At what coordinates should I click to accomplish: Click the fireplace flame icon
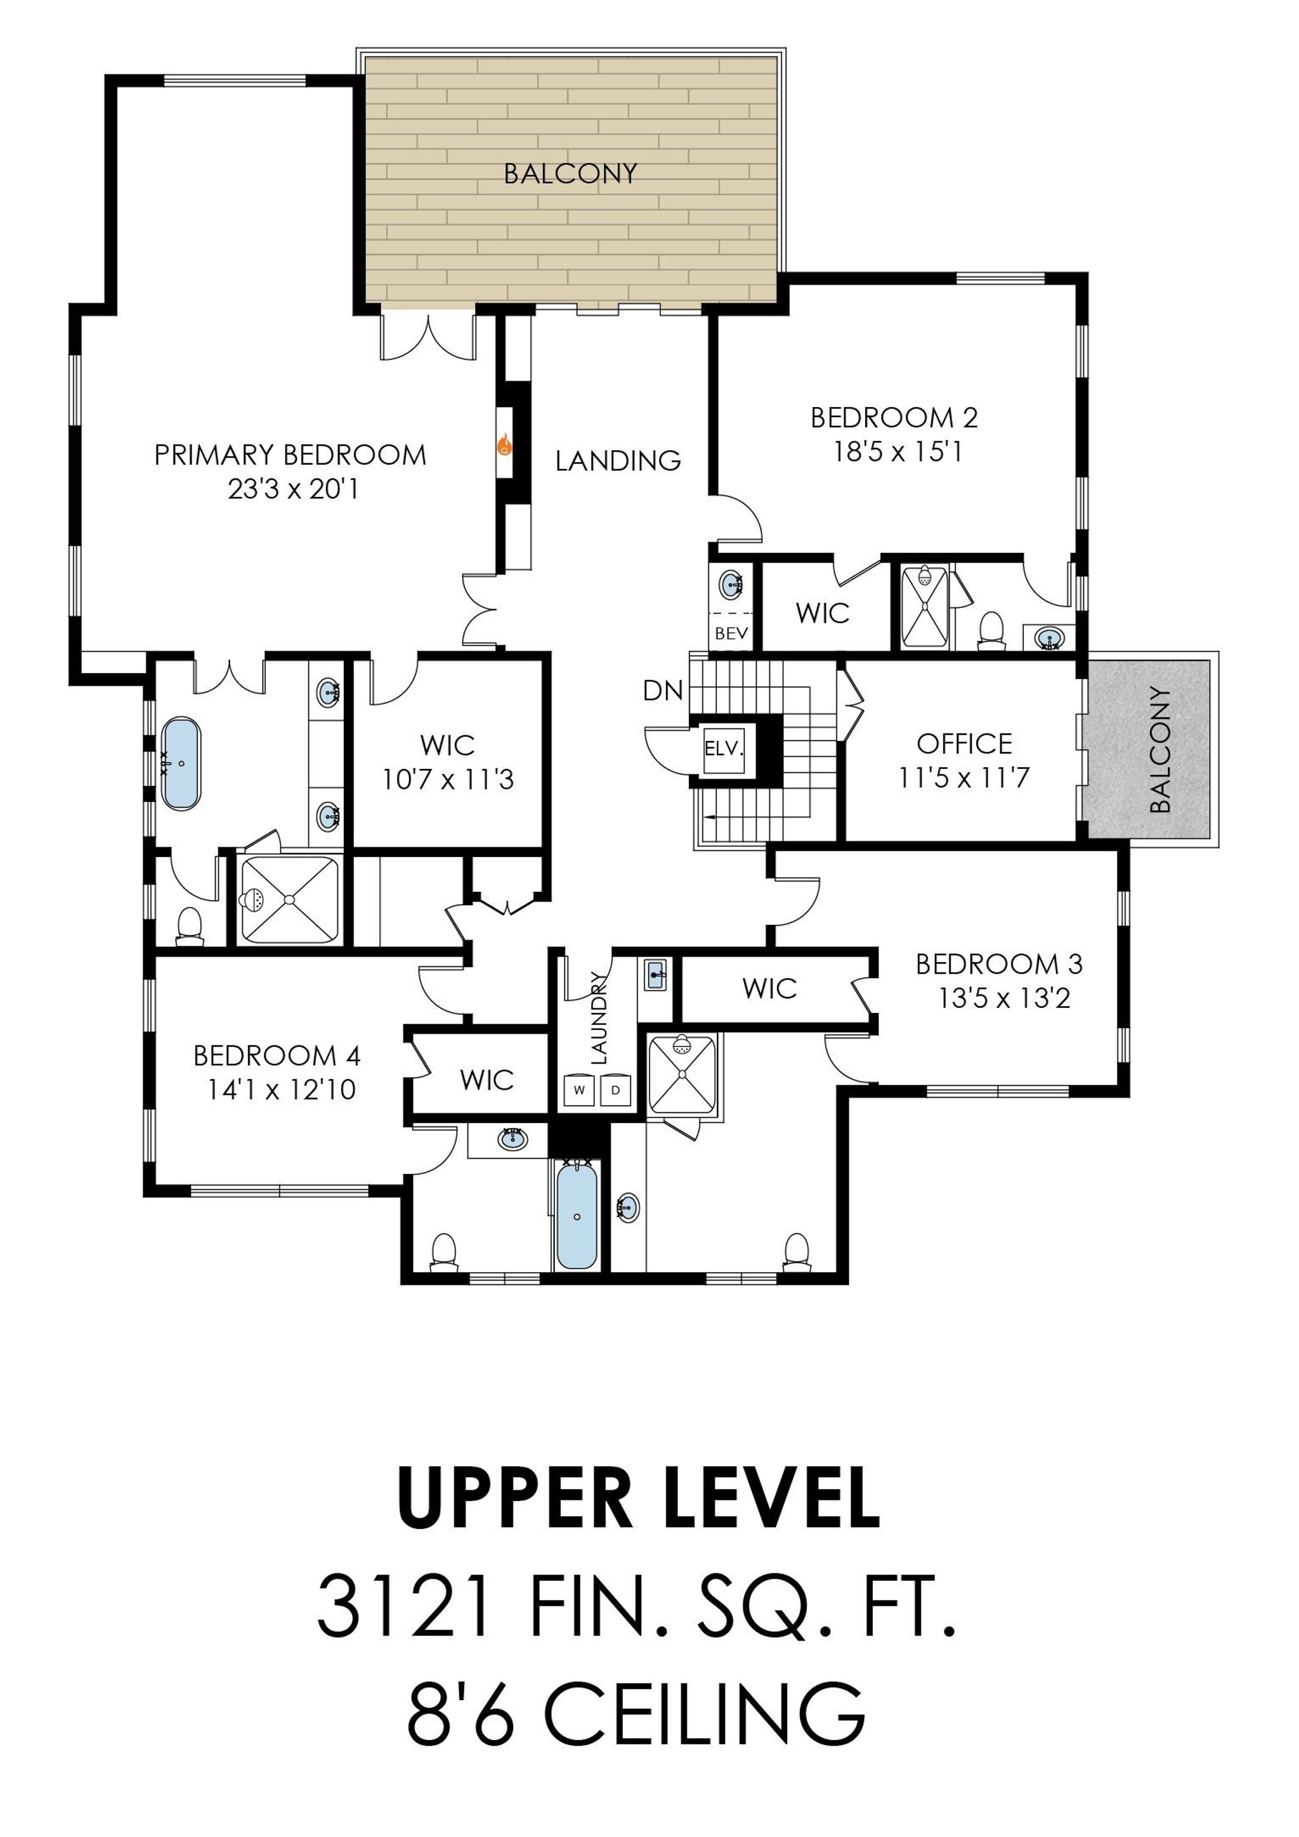click(505, 445)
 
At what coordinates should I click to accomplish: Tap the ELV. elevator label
click(724, 751)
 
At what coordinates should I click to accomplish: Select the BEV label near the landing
click(731, 634)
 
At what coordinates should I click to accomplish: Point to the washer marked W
click(578, 1090)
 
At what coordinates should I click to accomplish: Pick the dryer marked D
click(615, 1090)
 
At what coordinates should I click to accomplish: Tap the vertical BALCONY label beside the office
click(1159, 750)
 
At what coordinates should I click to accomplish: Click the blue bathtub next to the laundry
click(577, 1216)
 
